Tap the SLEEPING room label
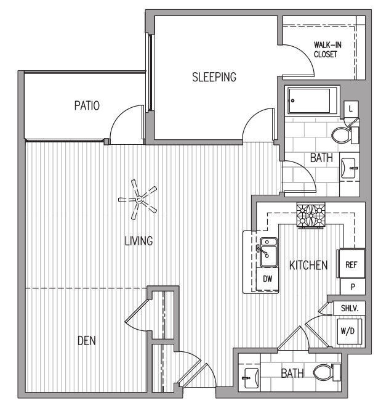[214, 77]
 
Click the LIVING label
[138, 241]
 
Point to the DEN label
[86, 340]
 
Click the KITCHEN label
[308, 266]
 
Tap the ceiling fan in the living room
[138, 198]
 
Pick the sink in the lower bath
[250, 375]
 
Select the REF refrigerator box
[351, 264]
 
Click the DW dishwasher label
[267, 279]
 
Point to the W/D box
[347, 330]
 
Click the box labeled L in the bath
[350, 109]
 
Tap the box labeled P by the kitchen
[353, 287]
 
